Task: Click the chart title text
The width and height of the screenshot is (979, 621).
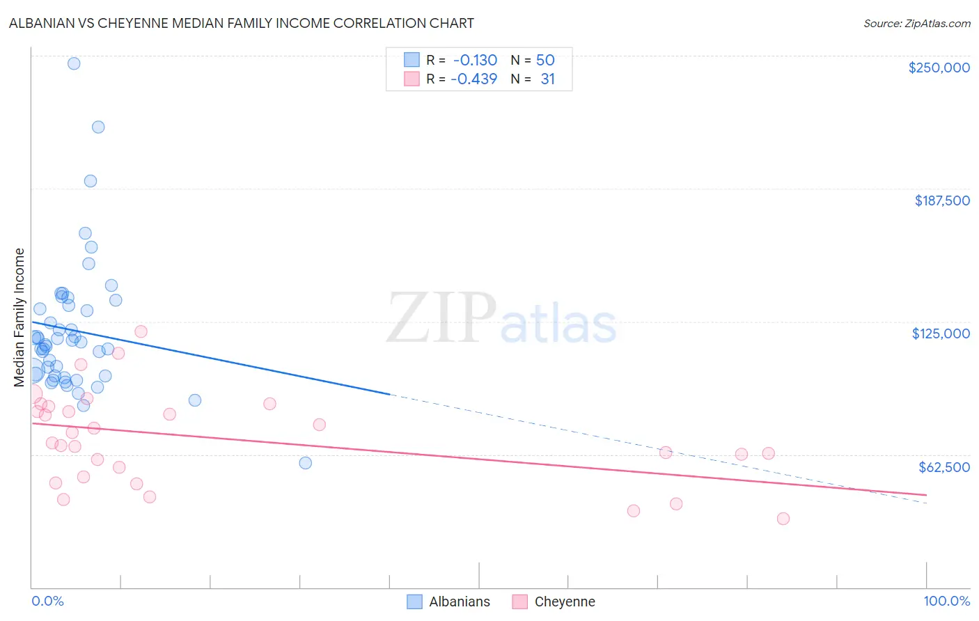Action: pyautogui.click(x=241, y=23)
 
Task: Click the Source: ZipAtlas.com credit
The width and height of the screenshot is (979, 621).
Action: pyautogui.click(x=916, y=23)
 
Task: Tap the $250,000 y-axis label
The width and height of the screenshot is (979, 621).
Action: pyautogui.click(x=939, y=68)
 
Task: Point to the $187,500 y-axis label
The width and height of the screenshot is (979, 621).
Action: pyautogui.click(x=941, y=201)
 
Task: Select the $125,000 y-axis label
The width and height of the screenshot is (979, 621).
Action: pyautogui.click(x=941, y=333)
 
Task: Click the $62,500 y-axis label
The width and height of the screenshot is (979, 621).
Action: pyautogui.click(x=943, y=467)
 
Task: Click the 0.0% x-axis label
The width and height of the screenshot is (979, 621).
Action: pyautogui.click(x=47, y=601)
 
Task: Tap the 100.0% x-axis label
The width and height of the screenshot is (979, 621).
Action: pyautogui.click(x=946, y=601)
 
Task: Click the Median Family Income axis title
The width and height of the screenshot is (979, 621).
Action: pyautogui.click(x=19, y=317)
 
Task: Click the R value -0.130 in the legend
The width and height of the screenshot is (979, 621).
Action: pyautogui.click(x=475, y=61)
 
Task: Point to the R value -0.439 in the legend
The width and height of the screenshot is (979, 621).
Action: pyautogui.click(x=473, y=79)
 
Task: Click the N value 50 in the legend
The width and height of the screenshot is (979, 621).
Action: pyautogui.click(x=545, y=61)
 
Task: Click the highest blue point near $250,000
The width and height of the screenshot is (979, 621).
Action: pyautogui.click(x=74, y=63)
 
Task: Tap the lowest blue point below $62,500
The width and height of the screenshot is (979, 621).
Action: pyautogui.click(x=305, y=463)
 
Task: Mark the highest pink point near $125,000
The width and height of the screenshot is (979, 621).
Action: pyautogui.click(x=141, y=331)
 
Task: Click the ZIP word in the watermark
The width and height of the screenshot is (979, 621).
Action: pyautogui.click(x=441, y=317)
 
